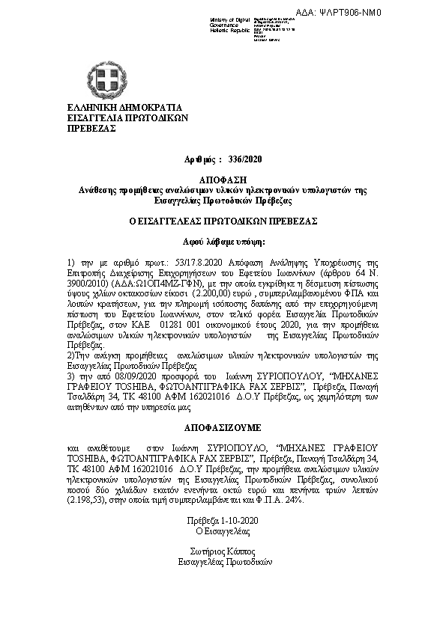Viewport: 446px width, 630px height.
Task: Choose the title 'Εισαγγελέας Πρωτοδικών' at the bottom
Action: pos(224,560)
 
